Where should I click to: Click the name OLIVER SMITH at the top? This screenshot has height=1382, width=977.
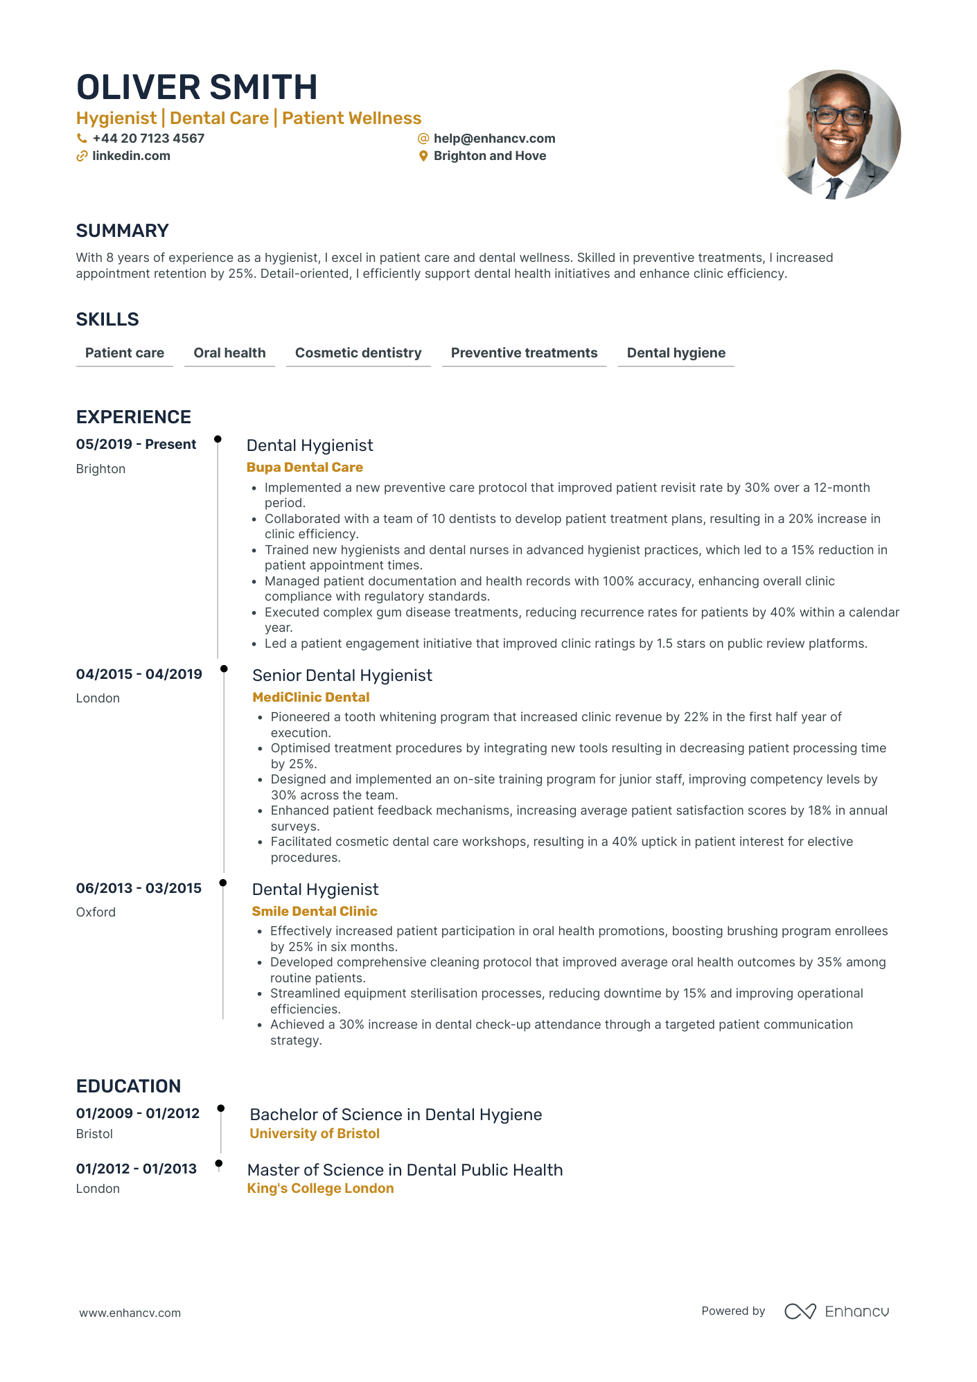click(197, 88)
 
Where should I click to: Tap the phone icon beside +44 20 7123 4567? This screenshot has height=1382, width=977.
click(82, 139)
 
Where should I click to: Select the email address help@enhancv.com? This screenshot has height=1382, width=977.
click(494, 139)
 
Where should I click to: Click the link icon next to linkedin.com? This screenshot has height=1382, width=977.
click(82, 157)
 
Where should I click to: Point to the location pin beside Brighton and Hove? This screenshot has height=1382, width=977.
click(423, 157)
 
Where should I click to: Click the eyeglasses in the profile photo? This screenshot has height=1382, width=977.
click(839, 116)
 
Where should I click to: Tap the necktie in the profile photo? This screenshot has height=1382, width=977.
click(834, 188)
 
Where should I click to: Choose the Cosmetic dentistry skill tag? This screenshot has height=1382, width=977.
click(358, 353)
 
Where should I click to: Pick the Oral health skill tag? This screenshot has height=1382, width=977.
click(229, 353)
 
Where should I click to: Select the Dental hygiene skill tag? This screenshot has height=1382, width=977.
click(676, 353)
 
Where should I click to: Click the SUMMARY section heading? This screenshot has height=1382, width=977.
click(123, 231)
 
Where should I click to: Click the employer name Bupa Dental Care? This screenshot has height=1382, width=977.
click(305, 468)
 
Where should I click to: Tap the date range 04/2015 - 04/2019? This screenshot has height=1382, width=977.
click(139, 674)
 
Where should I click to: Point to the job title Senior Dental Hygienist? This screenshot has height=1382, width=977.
click(342, 675)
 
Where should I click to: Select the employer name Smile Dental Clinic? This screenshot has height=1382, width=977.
click(315, 912)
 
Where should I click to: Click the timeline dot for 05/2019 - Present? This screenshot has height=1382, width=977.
click(218, 439)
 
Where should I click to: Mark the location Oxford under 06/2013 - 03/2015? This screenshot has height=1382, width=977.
click(96, 912)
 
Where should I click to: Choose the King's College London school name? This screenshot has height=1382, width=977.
click(320, 1189)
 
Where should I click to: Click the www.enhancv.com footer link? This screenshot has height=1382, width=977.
click(130, 1313)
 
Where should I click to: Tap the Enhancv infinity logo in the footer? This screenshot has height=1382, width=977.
click(800, 1311)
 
